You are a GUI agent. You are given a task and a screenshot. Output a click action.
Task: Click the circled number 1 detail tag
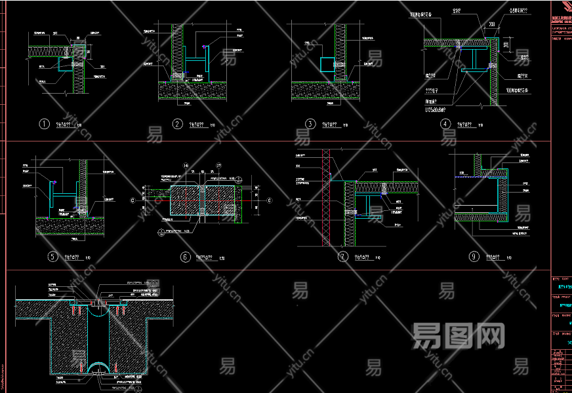point(45,124)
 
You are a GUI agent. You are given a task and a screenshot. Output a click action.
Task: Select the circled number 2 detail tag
point(177,124)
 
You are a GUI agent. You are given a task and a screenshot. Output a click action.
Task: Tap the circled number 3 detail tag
point(310,124)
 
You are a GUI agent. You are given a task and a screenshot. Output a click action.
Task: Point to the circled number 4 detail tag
point(445,124)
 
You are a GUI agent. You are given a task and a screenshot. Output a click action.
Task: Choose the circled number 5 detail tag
point(52,257)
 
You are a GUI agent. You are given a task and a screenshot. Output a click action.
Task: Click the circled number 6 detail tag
point(185,257)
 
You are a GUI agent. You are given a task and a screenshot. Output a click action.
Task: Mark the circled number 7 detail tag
point(342,257)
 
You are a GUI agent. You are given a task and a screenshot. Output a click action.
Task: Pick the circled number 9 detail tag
point(474,257)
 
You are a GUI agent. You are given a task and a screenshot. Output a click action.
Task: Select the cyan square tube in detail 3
point(327,64)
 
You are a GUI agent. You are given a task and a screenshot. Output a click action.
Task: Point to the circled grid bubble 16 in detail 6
point(186,165)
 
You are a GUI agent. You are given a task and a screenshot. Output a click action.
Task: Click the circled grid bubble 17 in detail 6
point(218,165)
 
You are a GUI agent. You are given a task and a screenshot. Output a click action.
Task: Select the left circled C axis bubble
point(133,199)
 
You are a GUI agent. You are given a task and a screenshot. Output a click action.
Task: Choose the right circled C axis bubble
point(269,199)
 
